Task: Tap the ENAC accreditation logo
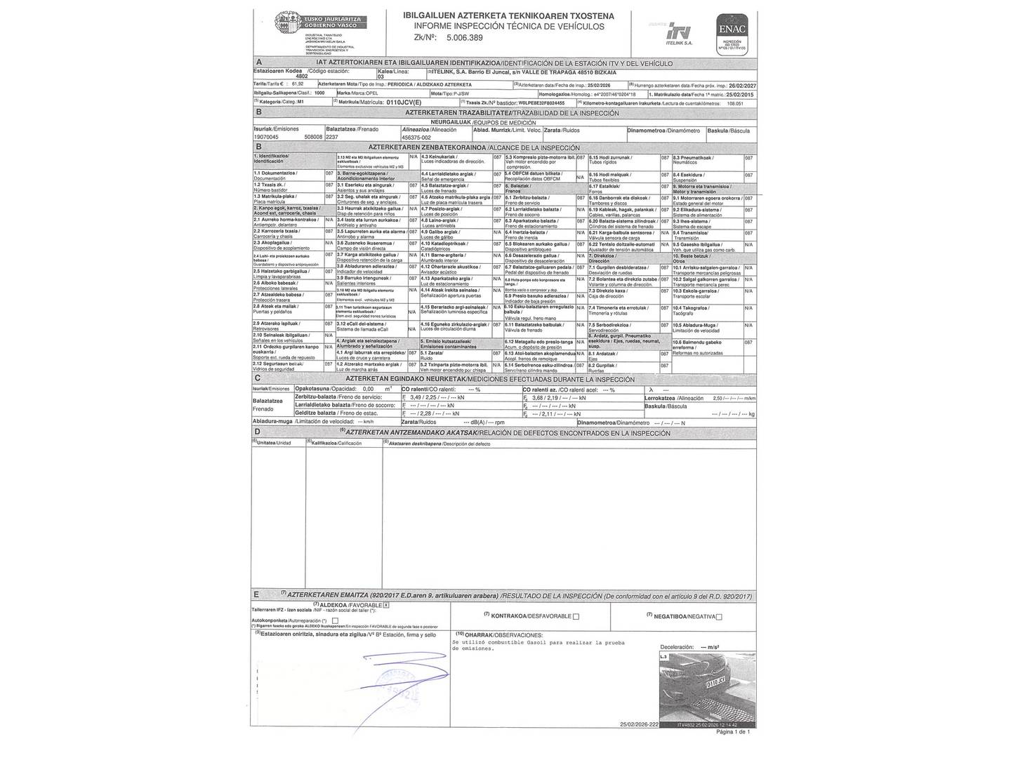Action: pyautogui.click(x=732, y=32)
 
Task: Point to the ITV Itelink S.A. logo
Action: pyautogui.click(x=679, y=32)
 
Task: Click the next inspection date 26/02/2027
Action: pyautogui.click(x=740, y=84)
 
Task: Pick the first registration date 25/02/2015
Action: pyautogui.click(x=739, y=93)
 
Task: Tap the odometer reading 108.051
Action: pyautogui.click(x=735, y=103)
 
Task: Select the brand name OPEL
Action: pyautogui.click(x=371, y=93)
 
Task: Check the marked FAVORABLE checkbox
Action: pyautogui.click(x=385, y=604)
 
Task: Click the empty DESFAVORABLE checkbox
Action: pyautogui.click(x=576, y=616)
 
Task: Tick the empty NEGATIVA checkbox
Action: pyautogui.click(x=719, y=617)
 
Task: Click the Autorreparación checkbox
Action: pyautogui.click(x=335, y=620)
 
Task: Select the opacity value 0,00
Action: pyautogui.click(x=368, y=388)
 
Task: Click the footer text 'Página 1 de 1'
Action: pyautogui.click(x=733, y=731)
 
